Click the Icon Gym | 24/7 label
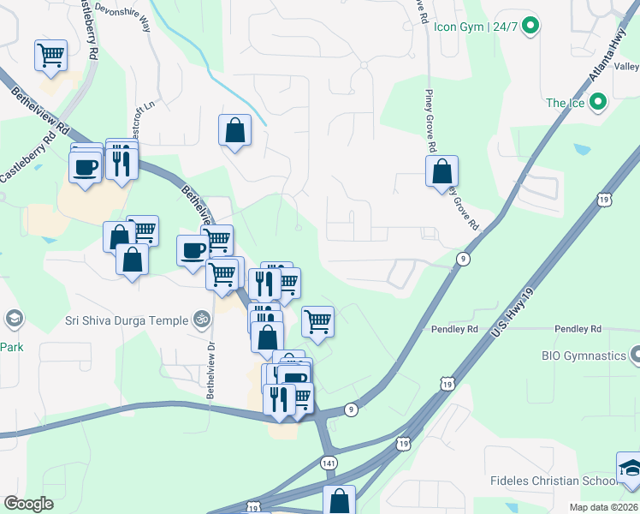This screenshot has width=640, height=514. coord(476,27)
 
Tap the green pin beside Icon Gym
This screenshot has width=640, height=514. coord(530,27)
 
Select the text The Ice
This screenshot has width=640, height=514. coord(565,104)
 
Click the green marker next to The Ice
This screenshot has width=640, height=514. coord(598,104)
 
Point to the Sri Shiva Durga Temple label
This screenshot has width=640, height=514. coord(127,320)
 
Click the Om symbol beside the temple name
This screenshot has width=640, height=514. coord(202,320)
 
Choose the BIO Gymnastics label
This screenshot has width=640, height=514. coord(584,355)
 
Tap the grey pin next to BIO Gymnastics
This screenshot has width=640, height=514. coord(635,354)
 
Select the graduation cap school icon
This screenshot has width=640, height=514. coord(630,469)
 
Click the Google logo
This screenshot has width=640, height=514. coord(28,504)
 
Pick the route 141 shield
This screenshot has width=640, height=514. coord(329,463)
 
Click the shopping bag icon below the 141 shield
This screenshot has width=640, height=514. coord(340,499)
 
